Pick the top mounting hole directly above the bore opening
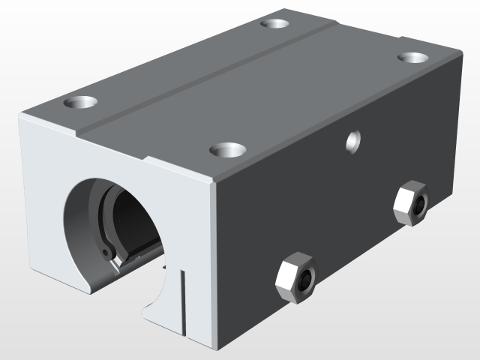tap(82, 101)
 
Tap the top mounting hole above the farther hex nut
tap(412, 58)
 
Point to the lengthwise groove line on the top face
tap(210, 75)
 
